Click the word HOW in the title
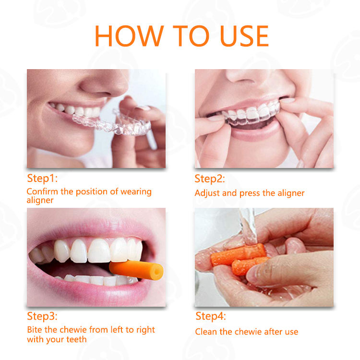pos(129,36)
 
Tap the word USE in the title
pos(244,36)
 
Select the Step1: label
pos(42,179)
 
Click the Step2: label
pos(210,179)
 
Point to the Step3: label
pos(42,316)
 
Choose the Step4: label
pos(211,316)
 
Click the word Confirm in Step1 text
pos(42,192)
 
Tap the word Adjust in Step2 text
pos(207,193)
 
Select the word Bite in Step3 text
pos(35,330)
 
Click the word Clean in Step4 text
pos(206,332)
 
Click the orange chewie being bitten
pos(136,270)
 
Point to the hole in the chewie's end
pos(157,272)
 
